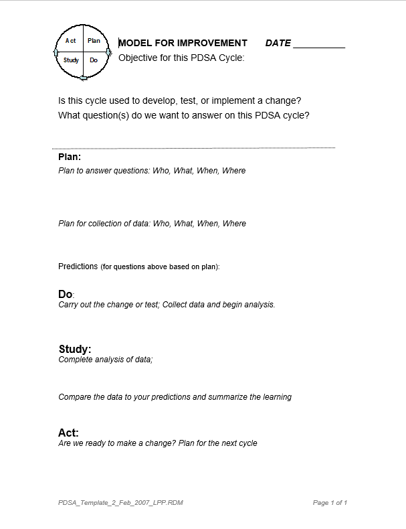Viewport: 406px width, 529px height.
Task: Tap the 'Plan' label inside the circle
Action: (x=94, y=41)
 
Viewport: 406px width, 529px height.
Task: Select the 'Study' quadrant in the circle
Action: (x=71, y=60)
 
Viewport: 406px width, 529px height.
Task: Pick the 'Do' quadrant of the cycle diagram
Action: (x=94, y=60)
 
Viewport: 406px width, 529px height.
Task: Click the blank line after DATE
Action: (x=319, y=44)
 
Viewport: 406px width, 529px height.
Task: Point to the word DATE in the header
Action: (x=278, y=43)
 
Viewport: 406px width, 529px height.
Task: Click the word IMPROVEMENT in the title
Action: (x=212, y=43)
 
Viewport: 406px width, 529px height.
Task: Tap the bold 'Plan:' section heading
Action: (x=70, y=157)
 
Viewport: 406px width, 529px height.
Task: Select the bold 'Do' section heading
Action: (x=66, y=294)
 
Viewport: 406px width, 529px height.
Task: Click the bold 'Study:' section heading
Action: (x=75, y=349)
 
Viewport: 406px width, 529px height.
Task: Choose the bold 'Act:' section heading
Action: (x=68, y=433)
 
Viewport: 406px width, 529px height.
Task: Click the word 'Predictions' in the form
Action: (x=78, y=267)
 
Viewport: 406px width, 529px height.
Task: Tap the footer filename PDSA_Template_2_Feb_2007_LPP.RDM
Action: (x=120, y=502)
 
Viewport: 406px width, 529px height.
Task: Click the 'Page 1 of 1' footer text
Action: (x=330, y=502)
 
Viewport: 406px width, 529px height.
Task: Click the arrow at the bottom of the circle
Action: (x=83, y=78)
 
